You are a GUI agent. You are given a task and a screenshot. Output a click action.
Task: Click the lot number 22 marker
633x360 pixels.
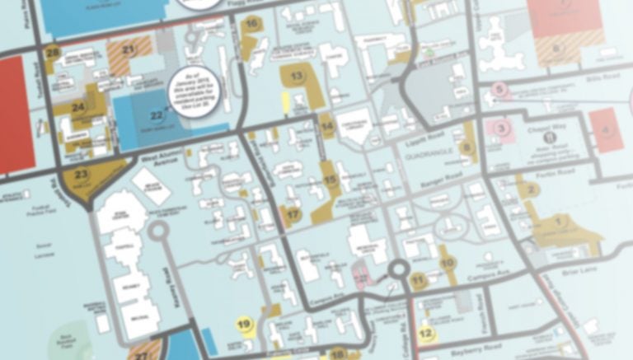tap(157, 116)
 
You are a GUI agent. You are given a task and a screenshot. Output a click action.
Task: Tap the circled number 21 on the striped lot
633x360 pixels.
tap(128, 49)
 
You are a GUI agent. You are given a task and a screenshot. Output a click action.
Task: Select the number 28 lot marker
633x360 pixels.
tap(54, 53)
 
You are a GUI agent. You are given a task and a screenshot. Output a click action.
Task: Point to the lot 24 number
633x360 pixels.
tap(78, 107)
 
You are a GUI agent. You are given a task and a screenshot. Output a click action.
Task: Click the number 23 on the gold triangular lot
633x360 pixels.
tap(82, 175)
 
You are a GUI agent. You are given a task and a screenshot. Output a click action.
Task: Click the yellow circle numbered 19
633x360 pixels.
tap(244, 325)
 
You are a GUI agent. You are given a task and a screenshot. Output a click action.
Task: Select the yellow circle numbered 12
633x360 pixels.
tap(425, 334)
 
